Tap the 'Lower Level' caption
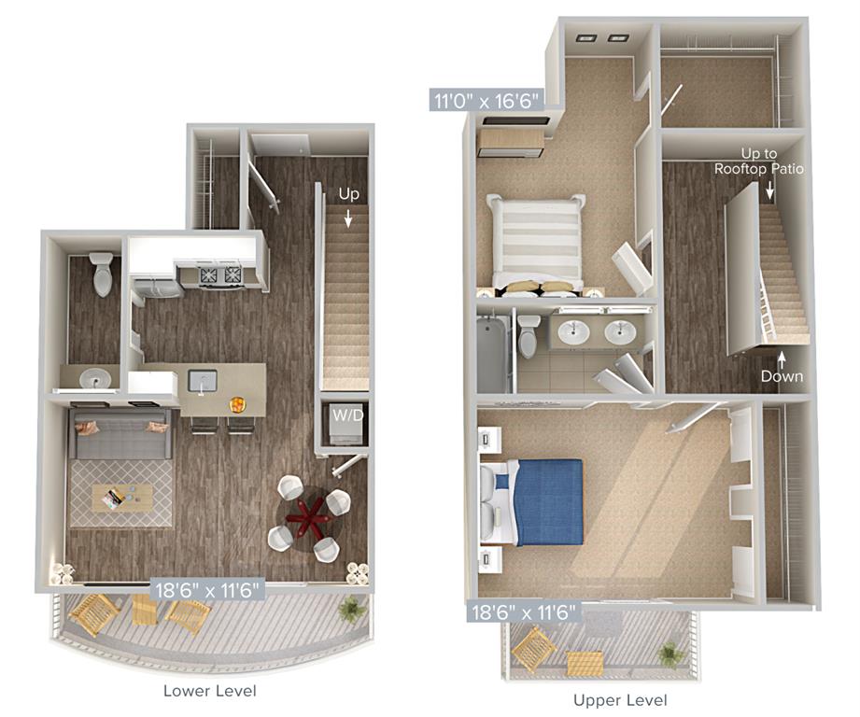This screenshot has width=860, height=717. [209, 691]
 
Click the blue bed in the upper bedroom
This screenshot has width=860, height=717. [541, 501]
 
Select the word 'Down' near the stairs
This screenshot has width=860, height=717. [782, 376]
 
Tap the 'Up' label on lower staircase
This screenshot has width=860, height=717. [348, 195]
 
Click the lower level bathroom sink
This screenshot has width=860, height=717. [93, 378]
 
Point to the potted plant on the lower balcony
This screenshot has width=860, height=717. [352, 607]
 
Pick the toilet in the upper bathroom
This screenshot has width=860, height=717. [529, 336]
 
